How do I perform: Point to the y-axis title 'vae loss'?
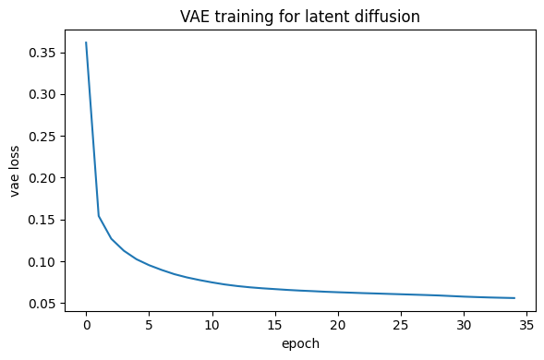(x=14, y=172)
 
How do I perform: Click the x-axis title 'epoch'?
(x=300, y=343)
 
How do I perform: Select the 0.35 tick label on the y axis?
(x=42, y=53)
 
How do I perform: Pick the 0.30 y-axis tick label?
(x=42, y=95)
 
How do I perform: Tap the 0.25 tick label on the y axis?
(x=42, y=137)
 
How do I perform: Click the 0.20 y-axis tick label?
(x=42, y=178)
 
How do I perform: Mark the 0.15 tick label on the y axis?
(x=42, y=221)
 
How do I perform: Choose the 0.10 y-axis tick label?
(x=42, y=262)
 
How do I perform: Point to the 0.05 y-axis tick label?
(x=42, y=304)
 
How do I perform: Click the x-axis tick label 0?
(x=87, y=325)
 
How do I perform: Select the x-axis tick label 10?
(x=212, y=325)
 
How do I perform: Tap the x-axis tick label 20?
(x=338, y=325)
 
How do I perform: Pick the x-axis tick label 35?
(x=526, y=325)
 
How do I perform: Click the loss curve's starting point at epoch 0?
(x=86, y=42)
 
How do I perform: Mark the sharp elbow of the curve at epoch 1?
(x=99, y=216)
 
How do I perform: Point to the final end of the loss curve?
(x=514, y=298)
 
